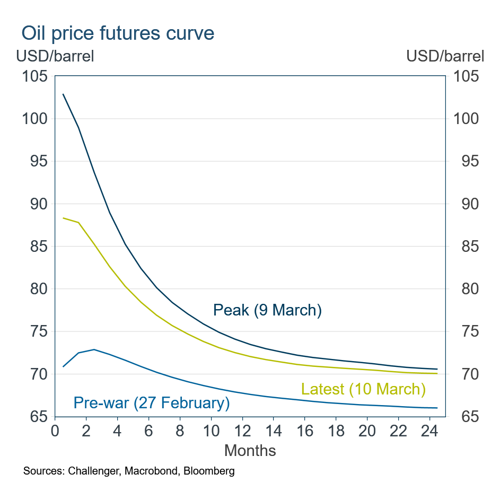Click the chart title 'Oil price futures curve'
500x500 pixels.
point(118,33)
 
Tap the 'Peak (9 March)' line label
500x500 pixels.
point(267,310)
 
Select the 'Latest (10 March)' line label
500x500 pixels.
point(363,389)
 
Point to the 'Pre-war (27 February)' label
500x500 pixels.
point(151,403)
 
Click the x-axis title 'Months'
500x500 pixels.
point(250,451)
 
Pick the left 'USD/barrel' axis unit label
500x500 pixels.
point(55,56)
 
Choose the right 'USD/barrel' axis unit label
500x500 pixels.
point(445,56)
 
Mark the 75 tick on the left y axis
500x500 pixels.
point(38,332)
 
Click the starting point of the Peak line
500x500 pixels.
point(63,94)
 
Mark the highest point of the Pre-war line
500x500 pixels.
point(94,349)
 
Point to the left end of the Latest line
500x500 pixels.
point(63,218)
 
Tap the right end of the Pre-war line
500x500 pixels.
point(437,408)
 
